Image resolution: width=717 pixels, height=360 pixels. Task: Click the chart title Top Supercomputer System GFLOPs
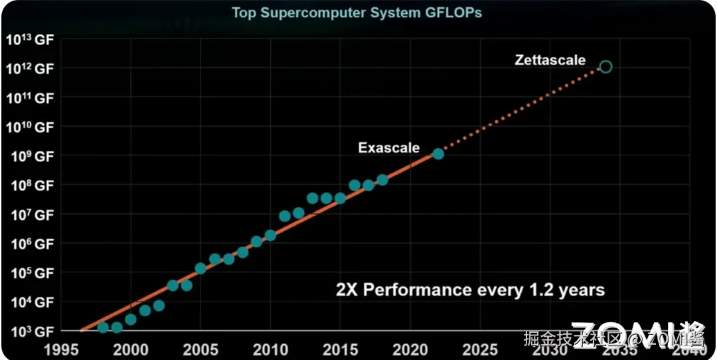(357, 13)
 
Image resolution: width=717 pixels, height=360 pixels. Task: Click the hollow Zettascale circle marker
(605, 66)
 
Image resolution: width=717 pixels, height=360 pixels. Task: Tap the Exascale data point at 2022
(438, 153)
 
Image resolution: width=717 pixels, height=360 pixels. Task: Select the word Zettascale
(550, 60)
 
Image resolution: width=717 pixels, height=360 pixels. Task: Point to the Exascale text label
(388, 147)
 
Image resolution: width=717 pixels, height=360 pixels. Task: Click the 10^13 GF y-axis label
(29, 39)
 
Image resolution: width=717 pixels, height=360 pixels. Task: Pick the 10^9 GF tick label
(31, 156)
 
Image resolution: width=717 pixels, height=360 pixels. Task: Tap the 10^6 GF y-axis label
(31, 244)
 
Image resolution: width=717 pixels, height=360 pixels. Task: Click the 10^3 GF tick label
(31, 331)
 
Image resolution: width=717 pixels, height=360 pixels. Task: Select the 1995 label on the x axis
(61, 349)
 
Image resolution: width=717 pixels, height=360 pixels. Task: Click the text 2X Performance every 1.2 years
(470, 290)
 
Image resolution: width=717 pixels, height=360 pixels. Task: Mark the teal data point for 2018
(382, 180)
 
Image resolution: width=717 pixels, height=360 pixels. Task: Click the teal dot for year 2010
(270, 235)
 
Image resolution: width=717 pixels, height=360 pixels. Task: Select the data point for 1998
(103, 327)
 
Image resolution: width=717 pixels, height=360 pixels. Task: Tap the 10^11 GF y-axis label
(31, 98)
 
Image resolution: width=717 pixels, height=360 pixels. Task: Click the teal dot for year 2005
(200, 268)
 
